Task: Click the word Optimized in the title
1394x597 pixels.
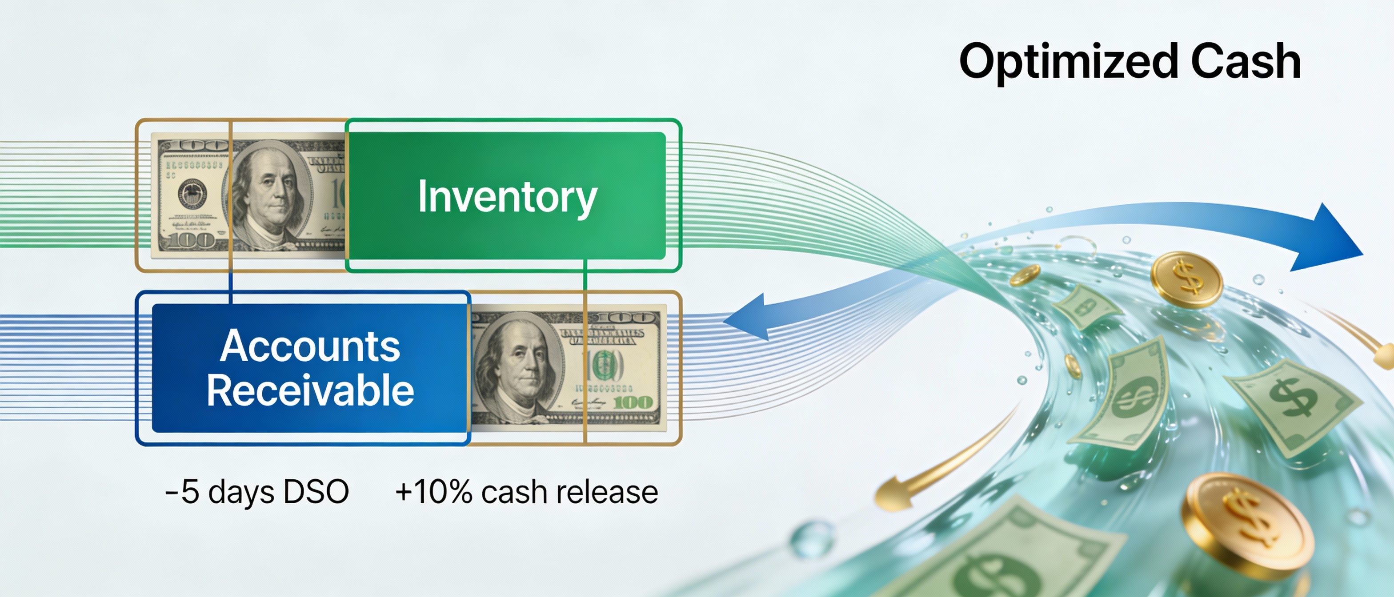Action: point(1068,62)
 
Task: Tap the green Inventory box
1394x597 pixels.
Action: point(506,196)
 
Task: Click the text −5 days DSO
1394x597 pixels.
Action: point(256,492)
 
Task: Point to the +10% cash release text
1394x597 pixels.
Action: point(526,492)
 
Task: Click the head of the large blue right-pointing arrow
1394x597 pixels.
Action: point(1331,238)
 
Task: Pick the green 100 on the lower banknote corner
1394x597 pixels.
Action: point(633,402)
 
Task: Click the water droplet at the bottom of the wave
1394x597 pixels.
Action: point(812,538)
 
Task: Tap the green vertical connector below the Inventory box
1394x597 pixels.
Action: point(585,281)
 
